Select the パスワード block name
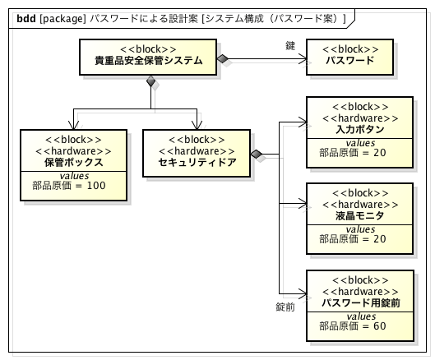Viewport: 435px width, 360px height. pyautogui.click(x=349, y=60)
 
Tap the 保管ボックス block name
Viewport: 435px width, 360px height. pyautogui.click(x=74, y=162)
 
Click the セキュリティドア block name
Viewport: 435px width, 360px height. pyautogui.click(x=197, y=162)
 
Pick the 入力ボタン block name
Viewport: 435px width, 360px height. pyautogui.click(x=359, y=130)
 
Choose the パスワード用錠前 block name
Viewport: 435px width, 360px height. pyautogui.click(x=359, y=302)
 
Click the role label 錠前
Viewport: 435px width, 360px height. pyautogui.click(x=285, y=307)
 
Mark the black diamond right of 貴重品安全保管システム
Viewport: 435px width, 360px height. pyautogui.click(x=223, y=58)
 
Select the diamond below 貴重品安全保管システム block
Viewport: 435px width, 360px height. pyautogui.click(x=150, y=81)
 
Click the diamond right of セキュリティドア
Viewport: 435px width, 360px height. pyautogui.click(x=257, y=154)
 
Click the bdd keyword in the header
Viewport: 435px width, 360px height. pyautogui.click(x=25, y=17)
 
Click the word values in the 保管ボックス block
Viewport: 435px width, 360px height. pyautogui.click(x=74, y=174)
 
